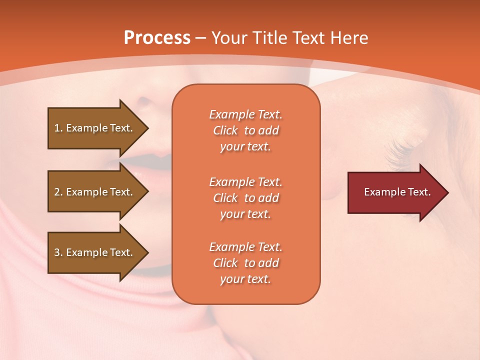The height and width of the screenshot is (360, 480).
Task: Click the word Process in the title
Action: pyautogui.click(x=157, y=38)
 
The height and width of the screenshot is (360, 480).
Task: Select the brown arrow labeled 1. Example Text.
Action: pyautogui.click(x=95, y=128)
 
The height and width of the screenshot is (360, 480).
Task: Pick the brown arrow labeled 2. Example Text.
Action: pyautogui.click(x=95, y=192)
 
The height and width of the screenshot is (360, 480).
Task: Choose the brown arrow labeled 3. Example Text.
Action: pyautogui.click(x=95, y=252)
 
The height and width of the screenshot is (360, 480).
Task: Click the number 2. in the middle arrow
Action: pyautogui.click(x=58, y=192)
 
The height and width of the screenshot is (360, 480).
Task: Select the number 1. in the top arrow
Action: pyautogui.click(x=58, y=128)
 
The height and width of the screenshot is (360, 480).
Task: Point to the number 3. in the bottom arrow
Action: pyautogui.click(x=58, y=252)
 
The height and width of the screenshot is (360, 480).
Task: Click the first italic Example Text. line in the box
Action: pyautogui.click(x=245, y=114)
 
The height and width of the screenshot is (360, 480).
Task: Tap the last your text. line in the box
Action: pyautogui.click(x=245, y=279)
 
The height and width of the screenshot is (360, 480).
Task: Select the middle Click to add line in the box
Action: pyautogui.click(x=245, y=198)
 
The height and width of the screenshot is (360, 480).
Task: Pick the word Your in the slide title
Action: pyautogui.click(x=229, y=38)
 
